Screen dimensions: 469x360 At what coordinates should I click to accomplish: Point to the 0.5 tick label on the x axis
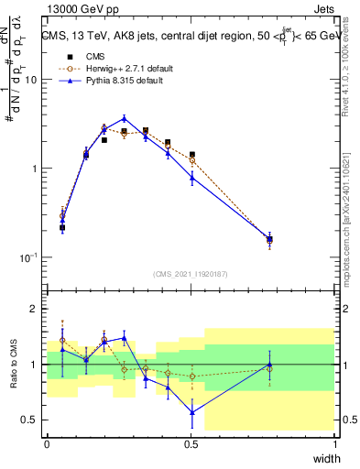coord(191,443)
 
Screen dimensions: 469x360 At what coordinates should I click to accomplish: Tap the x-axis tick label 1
coord(335,443)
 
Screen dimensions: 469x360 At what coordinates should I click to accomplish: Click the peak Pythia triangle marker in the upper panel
coord(125,118)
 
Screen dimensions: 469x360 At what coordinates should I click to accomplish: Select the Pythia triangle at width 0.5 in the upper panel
coord(191,178)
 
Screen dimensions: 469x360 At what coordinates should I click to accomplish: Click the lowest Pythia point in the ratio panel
coord(191,412)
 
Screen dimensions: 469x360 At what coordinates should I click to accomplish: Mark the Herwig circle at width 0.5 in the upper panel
coord(191,160)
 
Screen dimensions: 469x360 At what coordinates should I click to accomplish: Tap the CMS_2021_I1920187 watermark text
coord(191,273)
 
